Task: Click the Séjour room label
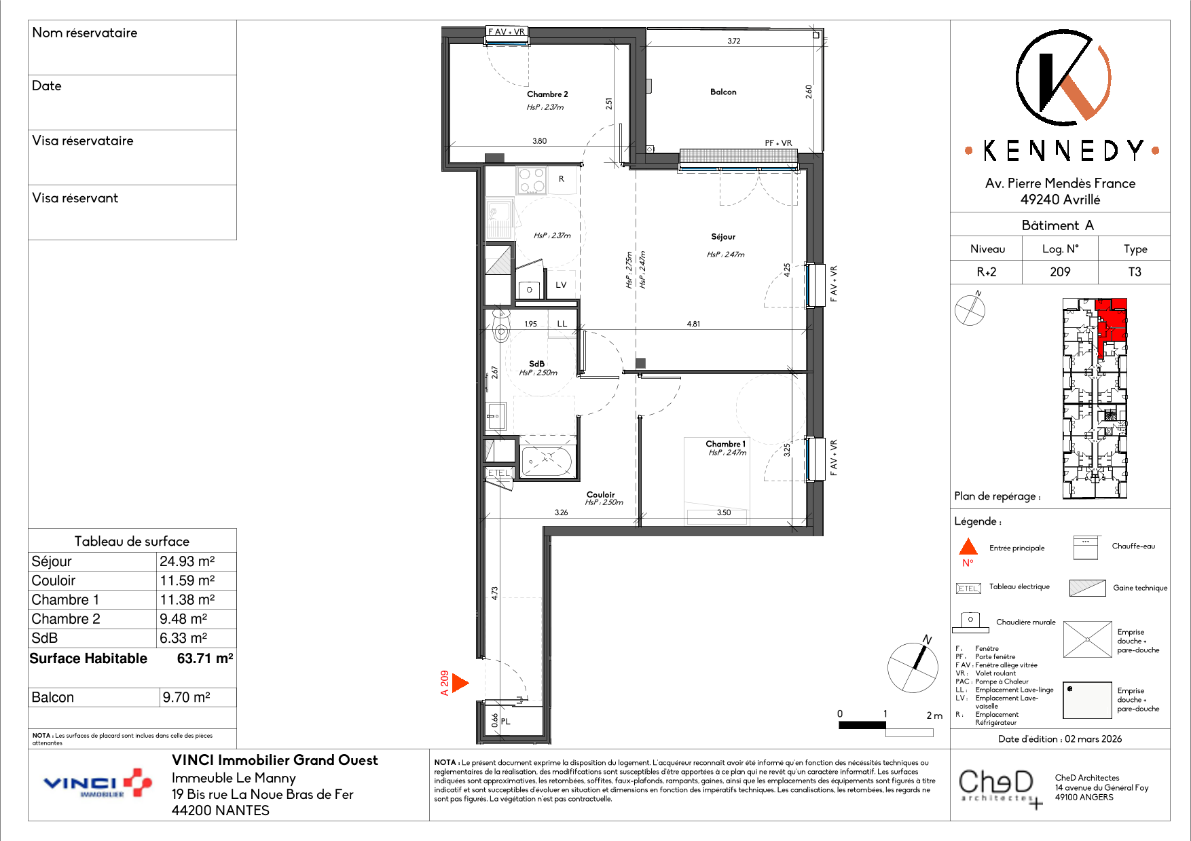click(x=723, y=237)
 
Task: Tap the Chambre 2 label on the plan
click(x=547, y=94)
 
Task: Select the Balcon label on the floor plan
click(x=723, y=92)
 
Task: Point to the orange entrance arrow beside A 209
click(x=460, y=683)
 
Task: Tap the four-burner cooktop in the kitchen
click(x=532, y=181)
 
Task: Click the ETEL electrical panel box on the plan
click(x=499, y=473)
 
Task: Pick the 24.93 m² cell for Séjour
click(x=187, y=561)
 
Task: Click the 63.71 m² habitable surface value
click(x=205, y=658)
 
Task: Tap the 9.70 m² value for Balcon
click(x=186, y=697)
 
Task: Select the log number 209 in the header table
click(x=1060, y=272)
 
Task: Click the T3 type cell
click(x=1135, y=272)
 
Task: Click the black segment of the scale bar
click(x=862, y=725)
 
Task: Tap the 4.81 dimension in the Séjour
click(x=693, y=324)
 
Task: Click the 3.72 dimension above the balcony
click(x=734, y=41)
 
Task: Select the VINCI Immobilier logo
click(x=98, y=783)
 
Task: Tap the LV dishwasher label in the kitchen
click(x=561, y=285)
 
